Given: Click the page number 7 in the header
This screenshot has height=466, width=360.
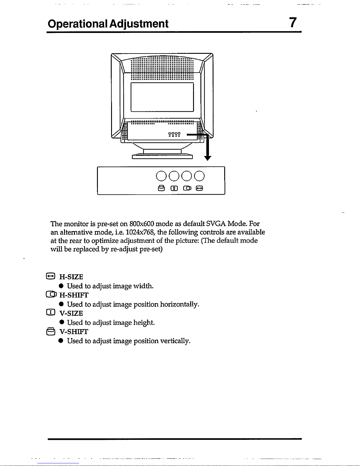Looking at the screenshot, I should [x=293, y=23].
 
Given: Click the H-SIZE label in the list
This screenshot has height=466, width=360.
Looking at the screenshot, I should [x=71, y=277].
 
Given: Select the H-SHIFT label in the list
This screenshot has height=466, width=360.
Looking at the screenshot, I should [x=74, y=295].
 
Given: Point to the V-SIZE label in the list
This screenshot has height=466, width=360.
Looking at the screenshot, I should [x=71, y=313].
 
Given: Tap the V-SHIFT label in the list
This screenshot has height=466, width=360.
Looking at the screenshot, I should [x=74, y=332].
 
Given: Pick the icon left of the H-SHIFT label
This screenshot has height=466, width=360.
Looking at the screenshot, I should [x=51, y=294].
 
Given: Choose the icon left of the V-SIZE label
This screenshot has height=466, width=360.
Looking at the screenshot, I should [x=51, y=313].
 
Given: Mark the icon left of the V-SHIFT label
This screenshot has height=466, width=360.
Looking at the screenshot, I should [x=51, y=331].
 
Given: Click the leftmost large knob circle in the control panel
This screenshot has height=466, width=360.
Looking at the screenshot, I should [x=161, y=176].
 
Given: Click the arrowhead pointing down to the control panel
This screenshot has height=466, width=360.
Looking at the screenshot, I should [x=207, y=158].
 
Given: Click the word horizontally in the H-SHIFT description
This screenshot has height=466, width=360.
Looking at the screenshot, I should [x=180, y=304].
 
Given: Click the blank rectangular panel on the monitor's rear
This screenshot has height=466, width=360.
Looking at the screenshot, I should [x=162, y=97].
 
